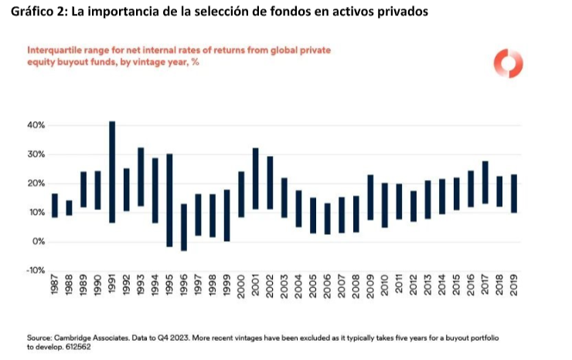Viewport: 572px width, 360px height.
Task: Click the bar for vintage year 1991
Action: (112, 172)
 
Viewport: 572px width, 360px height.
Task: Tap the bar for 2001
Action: (255, 178)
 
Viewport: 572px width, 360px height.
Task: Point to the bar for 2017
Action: (485, 182)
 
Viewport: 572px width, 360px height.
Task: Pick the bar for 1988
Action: (69, 208)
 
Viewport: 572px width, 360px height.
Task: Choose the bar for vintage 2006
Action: (327, 219)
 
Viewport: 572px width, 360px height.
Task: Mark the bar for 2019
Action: (513, 193)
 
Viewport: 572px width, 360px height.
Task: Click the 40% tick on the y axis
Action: (37, 125)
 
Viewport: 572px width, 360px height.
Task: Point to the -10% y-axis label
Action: (36, 270)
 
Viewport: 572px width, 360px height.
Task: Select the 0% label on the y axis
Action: (39, 242)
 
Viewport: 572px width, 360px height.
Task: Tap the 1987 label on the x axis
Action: (55, 288)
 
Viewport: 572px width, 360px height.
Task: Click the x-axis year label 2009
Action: (370, 288)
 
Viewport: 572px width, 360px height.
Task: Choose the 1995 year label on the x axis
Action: (169, 288)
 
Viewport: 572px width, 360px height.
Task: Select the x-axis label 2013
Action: (427, 288)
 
